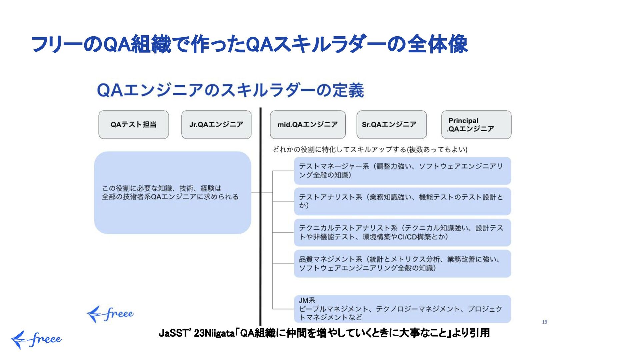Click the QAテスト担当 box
(133, 125)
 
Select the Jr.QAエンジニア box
(216, 125)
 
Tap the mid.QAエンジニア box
(307, 125)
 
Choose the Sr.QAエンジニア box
(391, 125)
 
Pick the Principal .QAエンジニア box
(476, 125)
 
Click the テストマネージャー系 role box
(402, 171)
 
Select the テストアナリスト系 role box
(402, 201)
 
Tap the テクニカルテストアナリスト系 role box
(402, 232)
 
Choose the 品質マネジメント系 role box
(402, 264)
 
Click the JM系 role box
(402, 309)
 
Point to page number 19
(544, 322)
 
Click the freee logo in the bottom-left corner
(36, 340)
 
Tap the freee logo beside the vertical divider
(110, 314)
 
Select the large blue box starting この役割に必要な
(172, 193)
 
